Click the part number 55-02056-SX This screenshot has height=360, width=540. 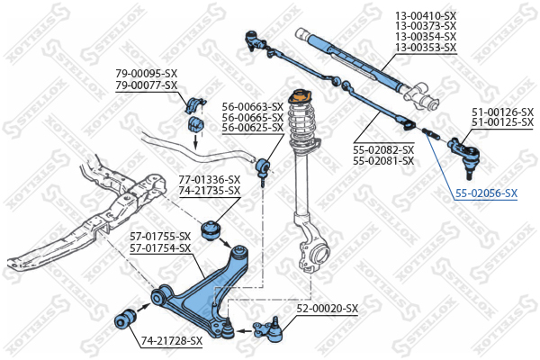(486, 193)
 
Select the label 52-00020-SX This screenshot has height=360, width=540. (328, 309)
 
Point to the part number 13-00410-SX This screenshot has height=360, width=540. (426, 15)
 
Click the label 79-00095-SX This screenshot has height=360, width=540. (146, 74)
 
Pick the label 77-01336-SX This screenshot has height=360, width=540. (209, 179)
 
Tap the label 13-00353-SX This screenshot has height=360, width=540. (426, 48)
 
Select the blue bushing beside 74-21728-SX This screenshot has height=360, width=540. (127, 319)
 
